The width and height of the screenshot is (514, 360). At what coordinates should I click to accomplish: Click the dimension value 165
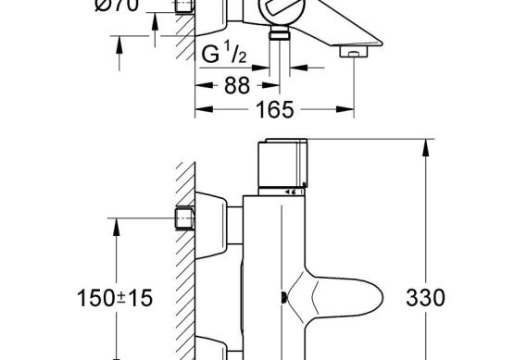(275, 110)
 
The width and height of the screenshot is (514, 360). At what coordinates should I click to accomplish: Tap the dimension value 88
(237, 86)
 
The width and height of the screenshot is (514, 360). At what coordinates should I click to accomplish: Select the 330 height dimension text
(425, 298)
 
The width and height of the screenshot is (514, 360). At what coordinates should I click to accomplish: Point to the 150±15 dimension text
(115, 298)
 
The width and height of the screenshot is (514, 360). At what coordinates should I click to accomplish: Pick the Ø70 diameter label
(117, 6)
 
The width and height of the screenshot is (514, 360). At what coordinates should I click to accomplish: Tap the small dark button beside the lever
(284, 297)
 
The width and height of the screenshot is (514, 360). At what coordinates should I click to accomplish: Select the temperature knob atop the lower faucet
(282, 163)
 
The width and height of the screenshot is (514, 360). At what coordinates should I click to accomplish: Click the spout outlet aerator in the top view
(354, 52)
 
